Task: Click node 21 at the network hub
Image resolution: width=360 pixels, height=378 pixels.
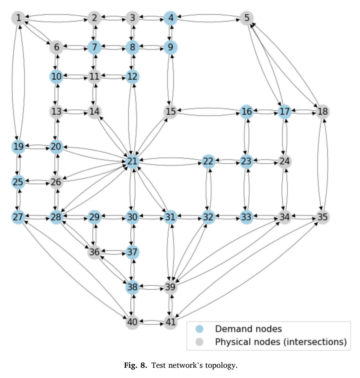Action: click(132, 161)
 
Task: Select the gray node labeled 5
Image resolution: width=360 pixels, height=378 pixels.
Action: click(247, 18)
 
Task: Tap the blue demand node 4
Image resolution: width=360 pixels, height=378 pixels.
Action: click(170, 18)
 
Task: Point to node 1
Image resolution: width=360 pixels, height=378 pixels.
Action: click(18, 18)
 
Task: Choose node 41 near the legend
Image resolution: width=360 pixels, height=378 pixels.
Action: click(170, 322)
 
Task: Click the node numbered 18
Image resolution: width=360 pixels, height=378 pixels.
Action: click(323, 111)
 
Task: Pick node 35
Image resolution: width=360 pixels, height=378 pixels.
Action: click(323, 217)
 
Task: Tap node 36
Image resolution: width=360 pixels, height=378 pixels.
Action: click(94, 252)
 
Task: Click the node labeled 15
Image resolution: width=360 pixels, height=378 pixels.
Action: click(170, 111)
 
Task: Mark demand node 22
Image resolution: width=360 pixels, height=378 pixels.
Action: click(208, 161)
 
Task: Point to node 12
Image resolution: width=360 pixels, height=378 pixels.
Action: click(132, 77)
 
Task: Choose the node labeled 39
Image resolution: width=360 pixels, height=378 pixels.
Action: click(170, 287)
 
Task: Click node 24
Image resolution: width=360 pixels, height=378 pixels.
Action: click(285, 161)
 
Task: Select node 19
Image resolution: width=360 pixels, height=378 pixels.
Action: click(18, 146)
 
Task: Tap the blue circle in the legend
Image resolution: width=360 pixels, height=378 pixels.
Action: click(199, 329)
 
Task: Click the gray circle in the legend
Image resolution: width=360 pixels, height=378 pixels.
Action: click(199, 342)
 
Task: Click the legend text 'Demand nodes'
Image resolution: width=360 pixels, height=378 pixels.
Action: click(249, 329)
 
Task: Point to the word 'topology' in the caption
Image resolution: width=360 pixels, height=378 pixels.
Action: click(220, 366)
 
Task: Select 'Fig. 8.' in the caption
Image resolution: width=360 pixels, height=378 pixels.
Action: click(135, 365)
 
